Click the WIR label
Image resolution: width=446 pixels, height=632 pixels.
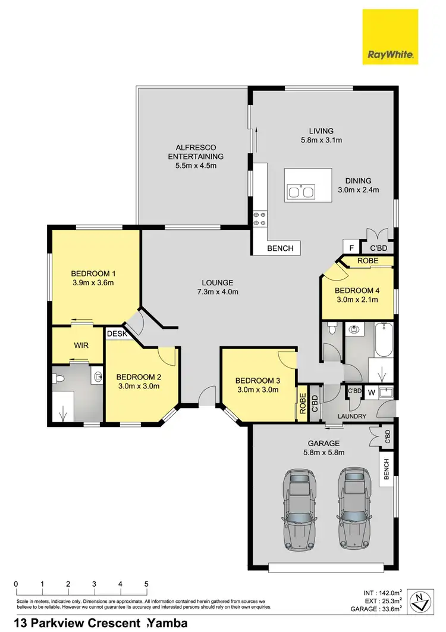pyautogui.click(x=81, y=345)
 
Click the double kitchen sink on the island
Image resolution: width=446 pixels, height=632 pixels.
pyautogui.click(x=300, y=192)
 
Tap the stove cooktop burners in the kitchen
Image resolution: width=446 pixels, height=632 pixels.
pyautogui.click(x=260, y=218)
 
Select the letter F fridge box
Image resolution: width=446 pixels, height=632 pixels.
pyautogui.click(x=351, y=248)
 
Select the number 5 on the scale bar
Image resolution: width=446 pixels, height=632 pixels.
pyautogui.click(x=146, y=584)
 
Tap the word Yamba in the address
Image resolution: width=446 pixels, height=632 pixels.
pyautogui.click(x=169, y=623)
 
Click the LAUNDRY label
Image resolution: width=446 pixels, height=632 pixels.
pyautogui.click(x=351, y=416)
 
